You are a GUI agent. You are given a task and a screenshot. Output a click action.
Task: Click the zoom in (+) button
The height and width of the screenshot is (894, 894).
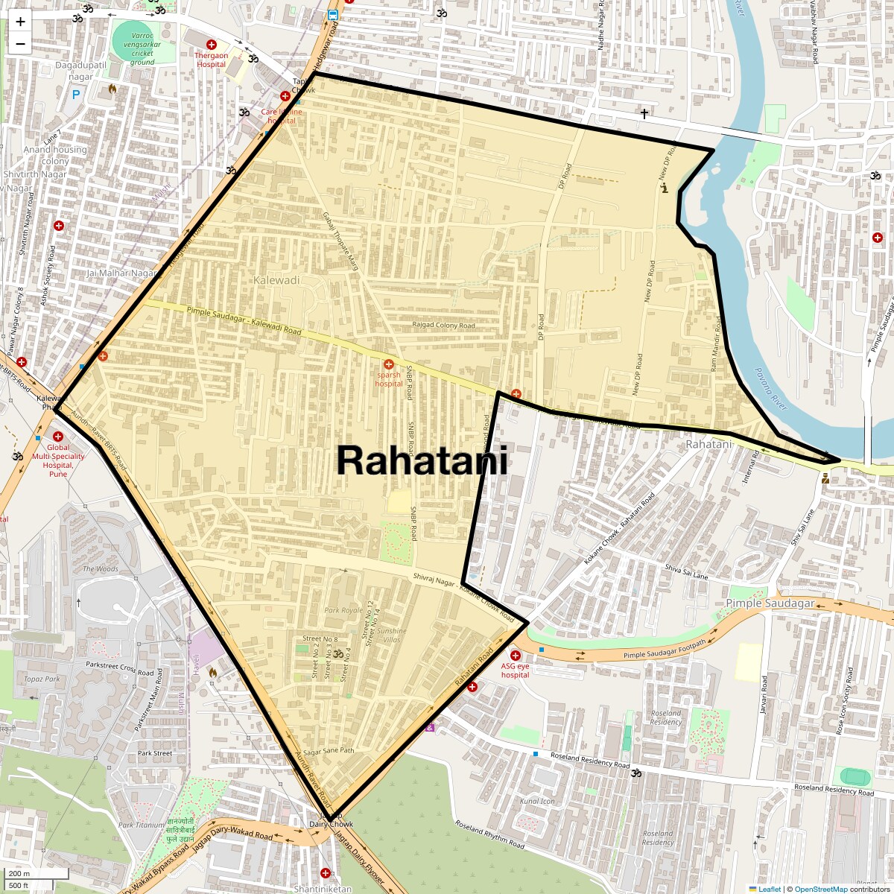click(x=20, y=22)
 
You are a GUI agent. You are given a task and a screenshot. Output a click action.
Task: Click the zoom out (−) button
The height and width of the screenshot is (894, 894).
click(x=20, y=43)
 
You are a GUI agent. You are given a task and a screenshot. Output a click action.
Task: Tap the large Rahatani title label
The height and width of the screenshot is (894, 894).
click(x=422, y=460)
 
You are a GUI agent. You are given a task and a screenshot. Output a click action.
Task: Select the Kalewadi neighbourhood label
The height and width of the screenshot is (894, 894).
click(x=276, y=281)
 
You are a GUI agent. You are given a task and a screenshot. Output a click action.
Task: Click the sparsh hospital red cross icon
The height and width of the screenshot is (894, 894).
click(x=388, y=364)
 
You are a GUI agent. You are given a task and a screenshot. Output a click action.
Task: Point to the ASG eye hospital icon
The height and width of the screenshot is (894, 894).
click(x=515, y=656)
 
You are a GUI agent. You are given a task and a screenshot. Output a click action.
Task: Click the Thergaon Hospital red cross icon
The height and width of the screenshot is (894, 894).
click(x=212, y=45)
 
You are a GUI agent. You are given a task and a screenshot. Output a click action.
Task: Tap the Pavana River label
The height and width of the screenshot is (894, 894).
click(x=770, y=389)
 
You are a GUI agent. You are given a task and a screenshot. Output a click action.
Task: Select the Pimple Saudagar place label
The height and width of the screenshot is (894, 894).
click(x=770, y=603)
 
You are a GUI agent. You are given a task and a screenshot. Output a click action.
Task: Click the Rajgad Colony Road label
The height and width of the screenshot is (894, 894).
click(x=443, y=326)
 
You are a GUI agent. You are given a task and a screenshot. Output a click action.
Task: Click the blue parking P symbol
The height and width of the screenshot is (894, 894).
click(x=75, y=95)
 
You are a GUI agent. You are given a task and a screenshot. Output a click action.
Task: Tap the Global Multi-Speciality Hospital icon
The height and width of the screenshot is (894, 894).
click(x=58, y=437)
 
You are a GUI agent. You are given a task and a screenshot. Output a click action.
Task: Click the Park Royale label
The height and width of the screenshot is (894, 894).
click(x=343, y=610)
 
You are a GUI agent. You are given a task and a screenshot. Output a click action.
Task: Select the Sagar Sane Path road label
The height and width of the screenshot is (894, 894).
click(x=329, y=751)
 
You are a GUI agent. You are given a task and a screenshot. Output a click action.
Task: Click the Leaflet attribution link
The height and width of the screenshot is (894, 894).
click(x=769, y=889)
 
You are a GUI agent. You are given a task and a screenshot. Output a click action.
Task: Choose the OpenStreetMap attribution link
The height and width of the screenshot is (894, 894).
click(x=820, y=889)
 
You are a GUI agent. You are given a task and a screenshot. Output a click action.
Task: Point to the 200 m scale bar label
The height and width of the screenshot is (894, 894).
click(x=20, y=874)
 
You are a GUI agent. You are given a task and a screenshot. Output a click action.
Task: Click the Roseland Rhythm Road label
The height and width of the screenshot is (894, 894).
click(x=489, y=835)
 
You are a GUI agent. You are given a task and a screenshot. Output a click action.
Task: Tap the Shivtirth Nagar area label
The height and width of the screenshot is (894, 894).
click(x=35, y=174)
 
